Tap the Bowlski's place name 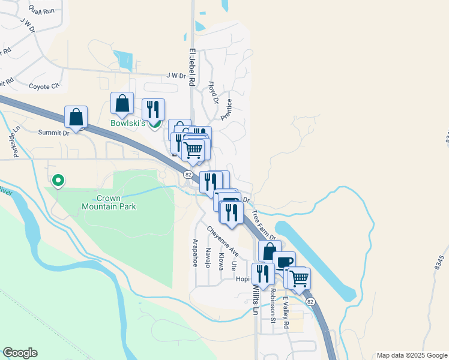pyautogui.click(x=127, y=123)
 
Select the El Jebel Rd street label pyautogui.click(x=193, y=68)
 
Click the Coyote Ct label pyautogui.click(x=44, y=86)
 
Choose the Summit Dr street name pyautogui.click(x=54, y=133)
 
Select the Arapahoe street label pyautogui.click(x=195, y=253)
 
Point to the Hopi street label pyautogui.click(x=242, y=279)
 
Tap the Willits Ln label pyautogui.click(x=255, y=300)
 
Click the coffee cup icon pyautogui.click(x=284, y=262)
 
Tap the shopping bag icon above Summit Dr pyautogui.click(x=76, y=116)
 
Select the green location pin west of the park pyautogui.click(x=58, y=179)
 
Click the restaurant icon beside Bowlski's pyautogui.click(x=153, y=109)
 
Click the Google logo pyautogui.click(x=20, y=353)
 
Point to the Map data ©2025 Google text pyautogui.click(x=411, y=355)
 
